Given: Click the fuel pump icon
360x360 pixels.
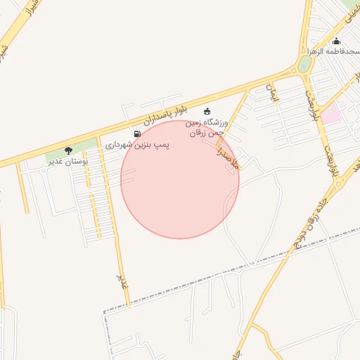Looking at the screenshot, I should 136,134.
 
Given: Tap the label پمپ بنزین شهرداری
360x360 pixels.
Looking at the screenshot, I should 138,145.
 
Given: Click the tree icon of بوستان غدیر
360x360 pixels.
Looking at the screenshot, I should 68,150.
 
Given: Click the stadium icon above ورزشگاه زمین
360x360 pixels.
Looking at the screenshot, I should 207,111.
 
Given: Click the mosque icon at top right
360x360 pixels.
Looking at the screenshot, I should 336,41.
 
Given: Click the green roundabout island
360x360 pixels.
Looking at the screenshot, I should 304,64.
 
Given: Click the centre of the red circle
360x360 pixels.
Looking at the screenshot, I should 180,180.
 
